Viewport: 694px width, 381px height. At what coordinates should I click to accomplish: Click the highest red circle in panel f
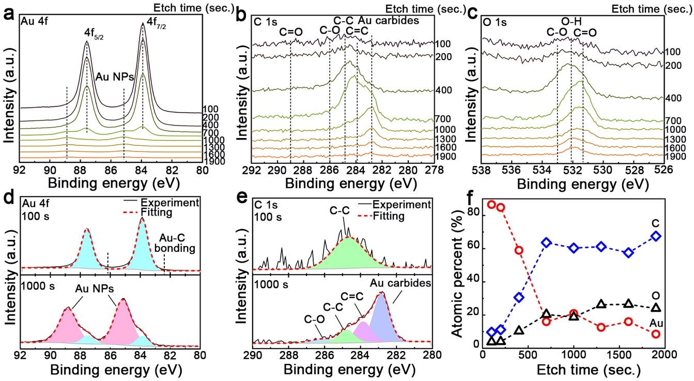[491, 204]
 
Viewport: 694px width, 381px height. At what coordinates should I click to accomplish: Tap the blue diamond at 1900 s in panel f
[656, 236]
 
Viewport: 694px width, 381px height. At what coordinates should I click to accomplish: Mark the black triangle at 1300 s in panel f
[601, 304]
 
